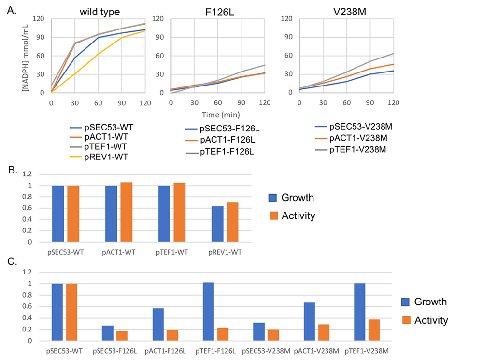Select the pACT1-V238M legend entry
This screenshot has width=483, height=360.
[x=355, y=138]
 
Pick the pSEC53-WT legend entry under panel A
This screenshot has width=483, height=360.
[x=102, y=127]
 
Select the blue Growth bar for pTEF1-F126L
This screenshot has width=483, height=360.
[x=208, y=311]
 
